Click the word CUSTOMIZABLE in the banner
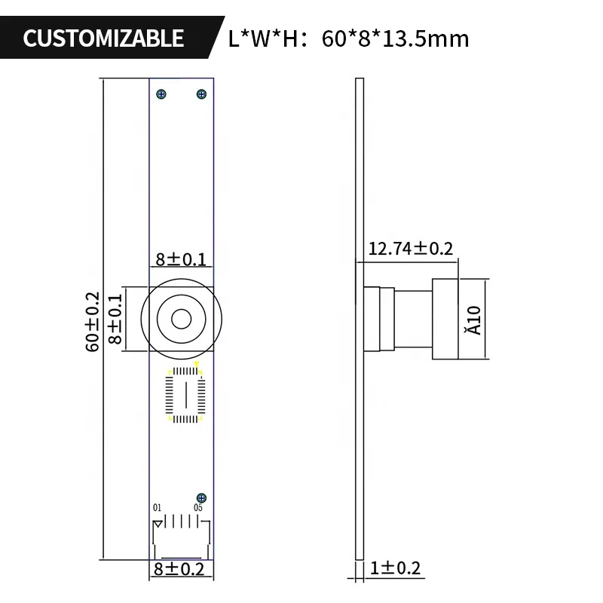coord(103,38)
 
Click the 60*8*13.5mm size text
coord(395,38)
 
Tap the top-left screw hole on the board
coord(161,94)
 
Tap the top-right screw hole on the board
coord(201,94)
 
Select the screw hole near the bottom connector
coord(201,497)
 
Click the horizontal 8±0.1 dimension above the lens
coord(181,260)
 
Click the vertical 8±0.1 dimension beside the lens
coord(115,320)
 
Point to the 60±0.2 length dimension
coord(92,322)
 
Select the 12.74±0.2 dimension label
coord(411,248)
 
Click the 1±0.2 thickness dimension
coord(395,568)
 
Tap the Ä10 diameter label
coord(473,318)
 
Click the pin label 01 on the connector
coord(158,507)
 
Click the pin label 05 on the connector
coord(197,507)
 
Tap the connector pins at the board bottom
coord(181,522)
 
